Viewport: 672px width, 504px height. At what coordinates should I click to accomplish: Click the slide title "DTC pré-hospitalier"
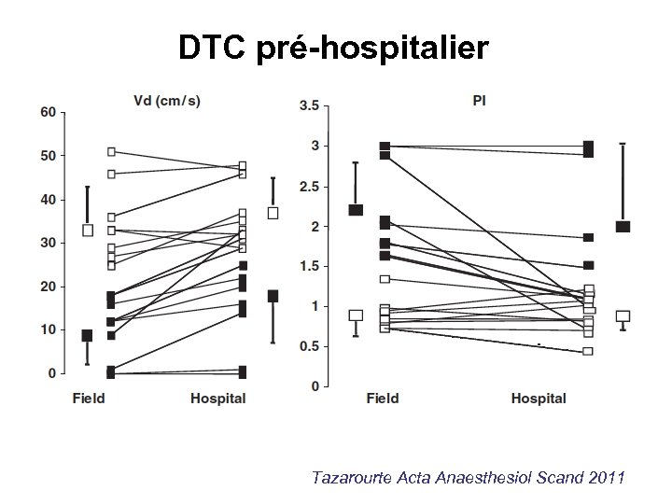(x=333, y=48)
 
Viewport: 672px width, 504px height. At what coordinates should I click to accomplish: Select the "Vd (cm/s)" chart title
(x=165, y=100)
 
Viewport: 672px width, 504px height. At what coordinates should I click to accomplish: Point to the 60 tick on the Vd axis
(x=46, y=111)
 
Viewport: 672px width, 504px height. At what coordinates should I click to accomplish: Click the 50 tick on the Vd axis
(x=46, y=155)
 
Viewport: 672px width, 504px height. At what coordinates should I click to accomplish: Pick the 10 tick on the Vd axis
(x=46, y=329)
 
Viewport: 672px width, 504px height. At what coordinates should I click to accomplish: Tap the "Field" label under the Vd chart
(x=90, y=399)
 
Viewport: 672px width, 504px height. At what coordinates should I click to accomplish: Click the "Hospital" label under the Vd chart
(x=218, y=399)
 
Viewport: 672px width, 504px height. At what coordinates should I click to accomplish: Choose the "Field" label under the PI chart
(x=383, y=399)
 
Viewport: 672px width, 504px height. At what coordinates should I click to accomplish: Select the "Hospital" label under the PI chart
(x=539, y=399)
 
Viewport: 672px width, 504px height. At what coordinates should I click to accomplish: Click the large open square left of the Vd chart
(x=88, y=230)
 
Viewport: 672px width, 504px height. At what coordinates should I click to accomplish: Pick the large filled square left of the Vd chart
(x=87, y=335)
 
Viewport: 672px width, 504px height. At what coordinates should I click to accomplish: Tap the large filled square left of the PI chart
(x=356, y=210)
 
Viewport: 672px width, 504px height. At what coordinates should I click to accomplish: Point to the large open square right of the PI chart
(x=623, y=316)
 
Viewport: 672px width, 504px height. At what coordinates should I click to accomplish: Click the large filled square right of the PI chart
(x=623, y=227)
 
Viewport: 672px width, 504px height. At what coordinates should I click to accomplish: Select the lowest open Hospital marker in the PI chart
(x=588, y=351)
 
